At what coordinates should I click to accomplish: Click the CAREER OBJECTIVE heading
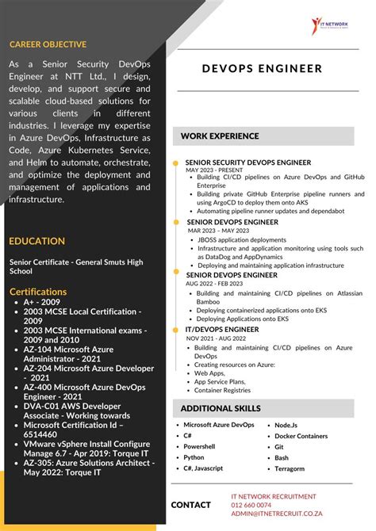[48, 44]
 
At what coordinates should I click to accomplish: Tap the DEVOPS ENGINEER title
[262, 68]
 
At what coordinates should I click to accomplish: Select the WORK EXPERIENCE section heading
[220, 136]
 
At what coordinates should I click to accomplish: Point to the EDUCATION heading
[37, 241]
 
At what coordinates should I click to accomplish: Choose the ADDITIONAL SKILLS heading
[221, 408]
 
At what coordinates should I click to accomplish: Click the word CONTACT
[191, 505]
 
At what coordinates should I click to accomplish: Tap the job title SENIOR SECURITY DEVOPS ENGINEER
[248, 162]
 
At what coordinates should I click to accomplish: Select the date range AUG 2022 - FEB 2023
[214, 283]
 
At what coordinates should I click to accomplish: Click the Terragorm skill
[290, 468]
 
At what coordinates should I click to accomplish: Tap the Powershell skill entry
[199, 446]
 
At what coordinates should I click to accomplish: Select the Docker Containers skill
[301, 436]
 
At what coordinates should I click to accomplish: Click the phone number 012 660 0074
[251, 505]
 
